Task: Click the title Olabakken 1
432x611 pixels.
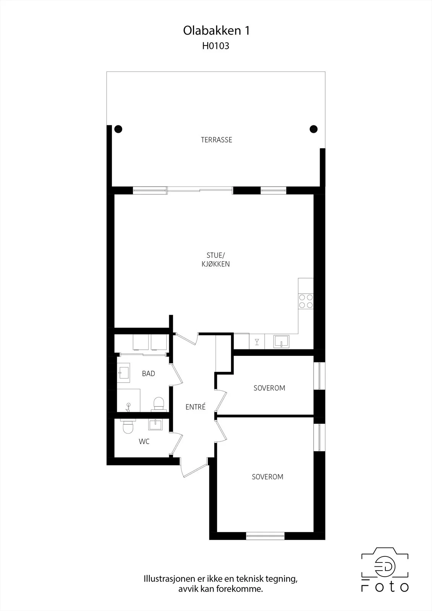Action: (x=216, y=31)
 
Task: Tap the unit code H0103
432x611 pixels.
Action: (x=215, y=46)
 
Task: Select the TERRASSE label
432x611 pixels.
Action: (x=217, y=140)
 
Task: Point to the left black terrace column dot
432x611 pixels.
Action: (x=118, y=129)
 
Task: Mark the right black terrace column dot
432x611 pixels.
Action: (x=314, y=129)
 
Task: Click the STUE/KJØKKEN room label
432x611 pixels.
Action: (x=215, y=260)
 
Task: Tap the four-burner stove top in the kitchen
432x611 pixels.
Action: (x=306, y=301)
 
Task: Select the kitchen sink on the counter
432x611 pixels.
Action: (x=281, y=341)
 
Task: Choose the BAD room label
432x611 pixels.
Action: (x=149, y=373)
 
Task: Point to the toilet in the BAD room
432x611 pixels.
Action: (x=159, y=404)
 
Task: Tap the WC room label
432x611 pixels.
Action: (x=144, y=441)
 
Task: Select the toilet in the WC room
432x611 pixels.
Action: (x=128, y=427)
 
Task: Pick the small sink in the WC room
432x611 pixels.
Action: (x=155, y=424)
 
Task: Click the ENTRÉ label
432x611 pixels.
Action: (x=196, y=407)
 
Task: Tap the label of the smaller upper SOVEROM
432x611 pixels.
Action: (x=269, y=388)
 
